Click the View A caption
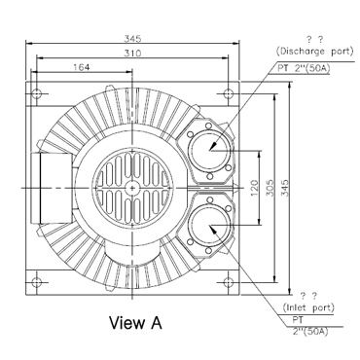tap(135, 323)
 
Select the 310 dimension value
tap(132, 53)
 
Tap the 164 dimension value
tap(81, 67)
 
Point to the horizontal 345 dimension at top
tap(132, 39)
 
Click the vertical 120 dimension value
tap(255, 188)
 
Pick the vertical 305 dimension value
tap(270, 188)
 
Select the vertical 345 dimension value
tap(285, 188)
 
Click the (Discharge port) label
tap(314, 52)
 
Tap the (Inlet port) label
tap(308, 307)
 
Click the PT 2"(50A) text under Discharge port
tap(304, 68)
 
